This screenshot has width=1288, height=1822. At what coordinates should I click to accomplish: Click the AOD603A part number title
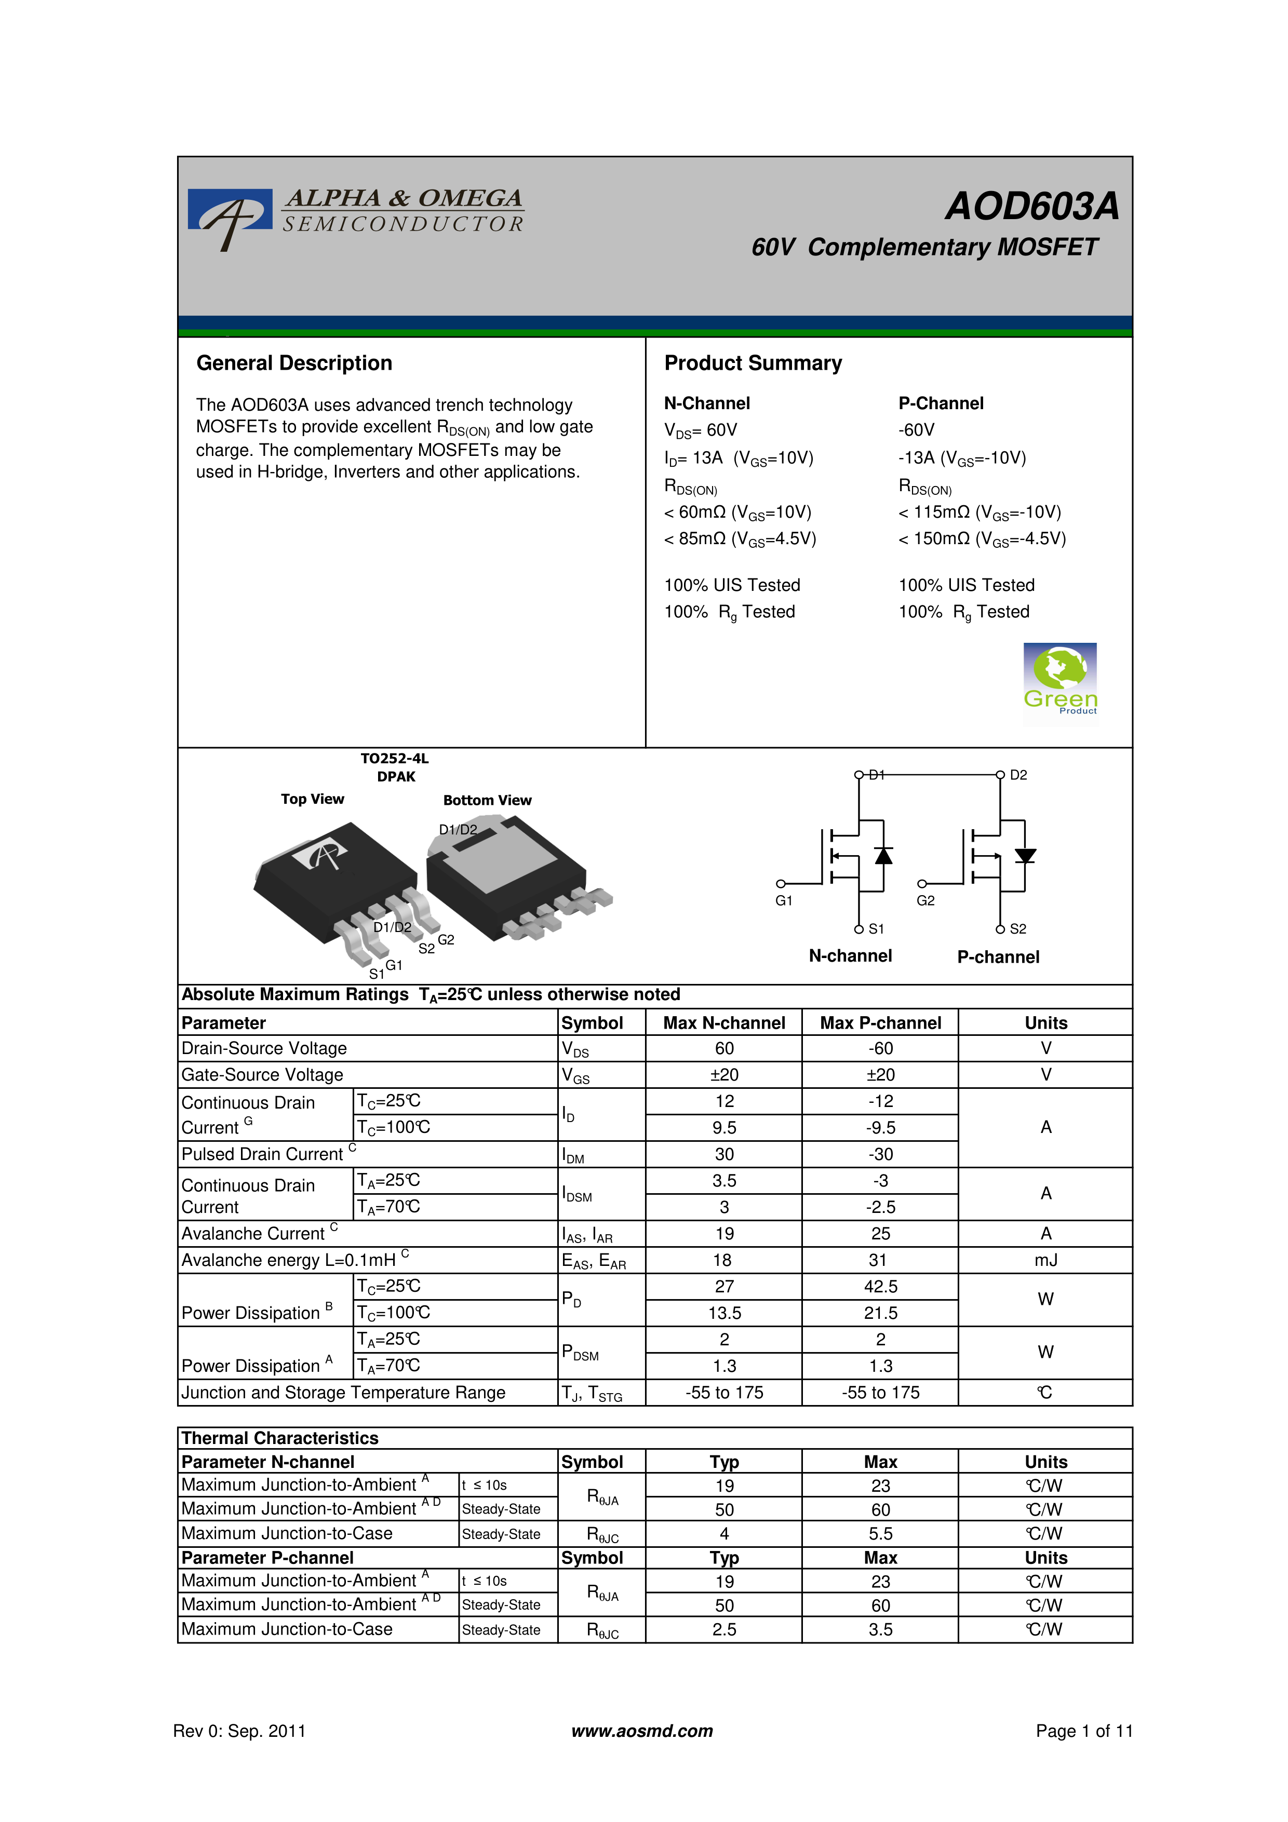[x=1031, y=206]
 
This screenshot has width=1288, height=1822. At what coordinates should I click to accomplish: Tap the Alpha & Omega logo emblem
[x=230, y=217]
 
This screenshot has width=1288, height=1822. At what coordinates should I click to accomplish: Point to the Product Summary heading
[x=753, y=363]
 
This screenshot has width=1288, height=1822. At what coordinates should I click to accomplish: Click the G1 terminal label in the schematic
[x=783, y=901]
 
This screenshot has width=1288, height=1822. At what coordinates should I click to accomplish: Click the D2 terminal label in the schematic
[x=1018, y=775]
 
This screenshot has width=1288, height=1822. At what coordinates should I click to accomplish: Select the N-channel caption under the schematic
[x=850, y=956]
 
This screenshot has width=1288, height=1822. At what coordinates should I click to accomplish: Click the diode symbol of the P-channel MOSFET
[x=1025, y=856]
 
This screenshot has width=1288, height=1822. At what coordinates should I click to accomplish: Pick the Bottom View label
[x=487, y=800]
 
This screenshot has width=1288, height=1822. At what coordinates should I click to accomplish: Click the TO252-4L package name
[x=394, y=759]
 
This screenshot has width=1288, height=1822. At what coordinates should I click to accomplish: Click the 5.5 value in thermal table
[x=880, y=1534]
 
